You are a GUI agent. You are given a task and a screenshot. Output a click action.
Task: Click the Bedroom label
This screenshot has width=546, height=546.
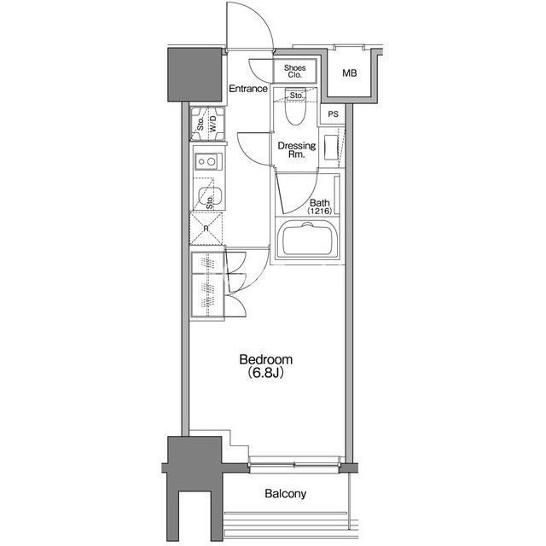[x=265, y=359]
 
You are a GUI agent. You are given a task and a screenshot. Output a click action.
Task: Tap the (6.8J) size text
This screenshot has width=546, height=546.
[x=265, y=373]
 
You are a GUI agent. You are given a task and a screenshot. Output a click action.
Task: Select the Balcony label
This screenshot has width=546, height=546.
[x=285, y=494]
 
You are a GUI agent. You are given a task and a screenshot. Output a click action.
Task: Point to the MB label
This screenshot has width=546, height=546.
[x=349, y=73]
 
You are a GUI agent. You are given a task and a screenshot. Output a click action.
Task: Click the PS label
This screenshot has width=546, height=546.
[x=334, y=113]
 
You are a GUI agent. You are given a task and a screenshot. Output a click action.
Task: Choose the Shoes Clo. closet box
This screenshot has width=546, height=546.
[x=295, y=72]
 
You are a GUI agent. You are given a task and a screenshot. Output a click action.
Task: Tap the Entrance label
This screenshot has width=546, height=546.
[x=248, y=89]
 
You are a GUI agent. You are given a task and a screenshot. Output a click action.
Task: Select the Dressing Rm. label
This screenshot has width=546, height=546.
[x=296, y=150]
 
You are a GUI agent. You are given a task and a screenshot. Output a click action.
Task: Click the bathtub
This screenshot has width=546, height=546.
[x=306, y=239]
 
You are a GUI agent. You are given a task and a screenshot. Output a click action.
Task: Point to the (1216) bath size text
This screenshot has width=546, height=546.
[x=319, y=211]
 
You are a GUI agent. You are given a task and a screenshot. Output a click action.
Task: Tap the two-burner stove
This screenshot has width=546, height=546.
[x=208, y=161]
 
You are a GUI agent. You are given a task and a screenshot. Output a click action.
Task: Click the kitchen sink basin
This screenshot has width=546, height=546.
[x=209, y=197]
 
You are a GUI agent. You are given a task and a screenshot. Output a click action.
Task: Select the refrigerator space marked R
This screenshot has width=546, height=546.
[x=206, y=229]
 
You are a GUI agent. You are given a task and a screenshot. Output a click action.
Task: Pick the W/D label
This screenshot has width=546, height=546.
[x=212, y=124]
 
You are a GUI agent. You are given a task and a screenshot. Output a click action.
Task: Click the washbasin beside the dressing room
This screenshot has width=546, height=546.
[x=331, y=148]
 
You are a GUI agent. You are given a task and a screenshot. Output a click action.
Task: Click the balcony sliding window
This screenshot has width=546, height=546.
[x=294, y=464]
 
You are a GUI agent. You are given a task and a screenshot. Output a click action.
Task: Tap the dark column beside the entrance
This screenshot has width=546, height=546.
[x=195, y=75]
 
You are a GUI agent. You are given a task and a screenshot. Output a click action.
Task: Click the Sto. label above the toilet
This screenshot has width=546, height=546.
[x=296, y=95]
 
